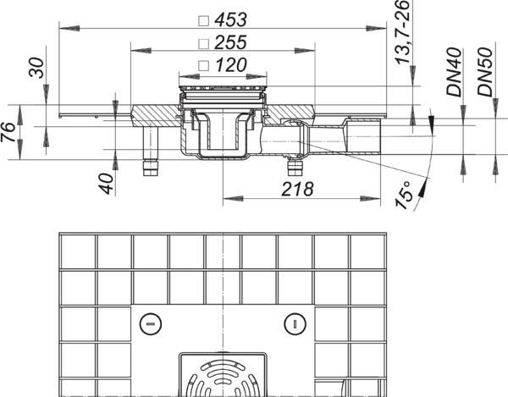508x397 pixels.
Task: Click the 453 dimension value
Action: point(231,19)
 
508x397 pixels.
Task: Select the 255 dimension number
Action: point(231,42)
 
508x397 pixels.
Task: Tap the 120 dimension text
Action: point(231,64)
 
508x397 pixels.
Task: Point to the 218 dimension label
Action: point(297,189)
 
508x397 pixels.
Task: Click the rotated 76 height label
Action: point(8,132)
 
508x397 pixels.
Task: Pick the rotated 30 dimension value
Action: point(36,68)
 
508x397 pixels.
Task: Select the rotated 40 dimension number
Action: point(107,184)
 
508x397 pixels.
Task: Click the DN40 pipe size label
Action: point(454,72)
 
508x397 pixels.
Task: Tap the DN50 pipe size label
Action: point(485,72)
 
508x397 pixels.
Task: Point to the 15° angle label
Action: point(405,195)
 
